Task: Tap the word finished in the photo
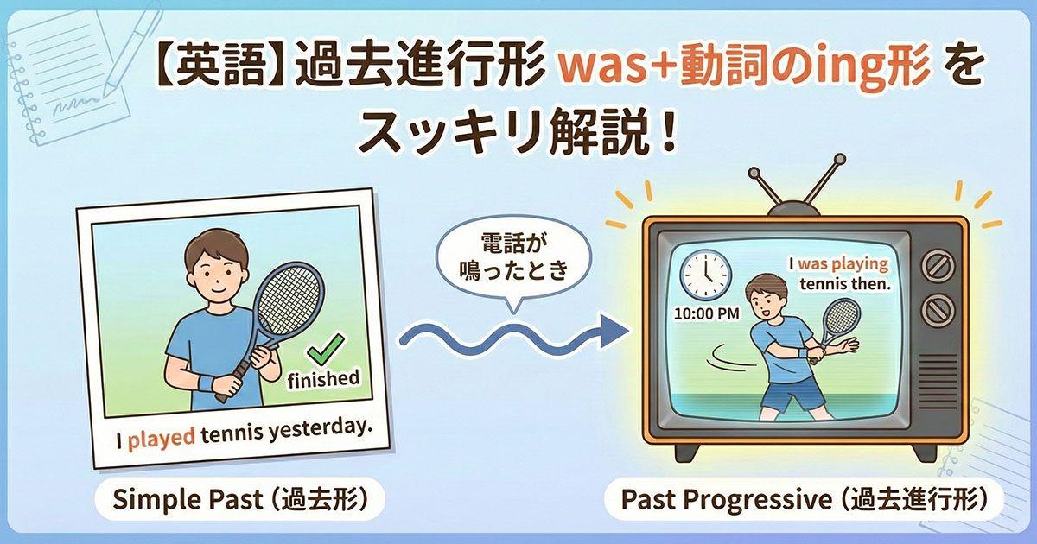tap(323, 378)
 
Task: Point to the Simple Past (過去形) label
tap(239, 501)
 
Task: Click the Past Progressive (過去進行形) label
tap(804, 501)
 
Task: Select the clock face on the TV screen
tap(705, 273)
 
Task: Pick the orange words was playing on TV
tap(842, 264)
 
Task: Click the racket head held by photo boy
tap(291, 298)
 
